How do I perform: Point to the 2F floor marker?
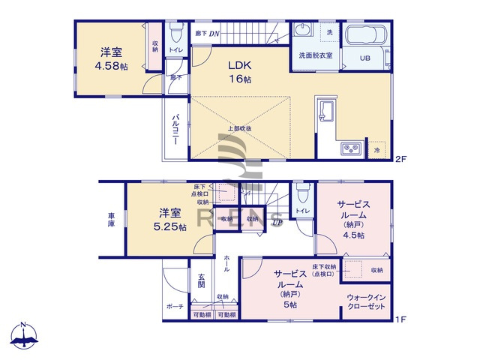click(x=400, y=158)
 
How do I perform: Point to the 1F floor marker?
click(x=400, y=320)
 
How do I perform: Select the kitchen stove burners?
click(x=351, y=148)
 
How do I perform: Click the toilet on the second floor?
click(x=176, y=33)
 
